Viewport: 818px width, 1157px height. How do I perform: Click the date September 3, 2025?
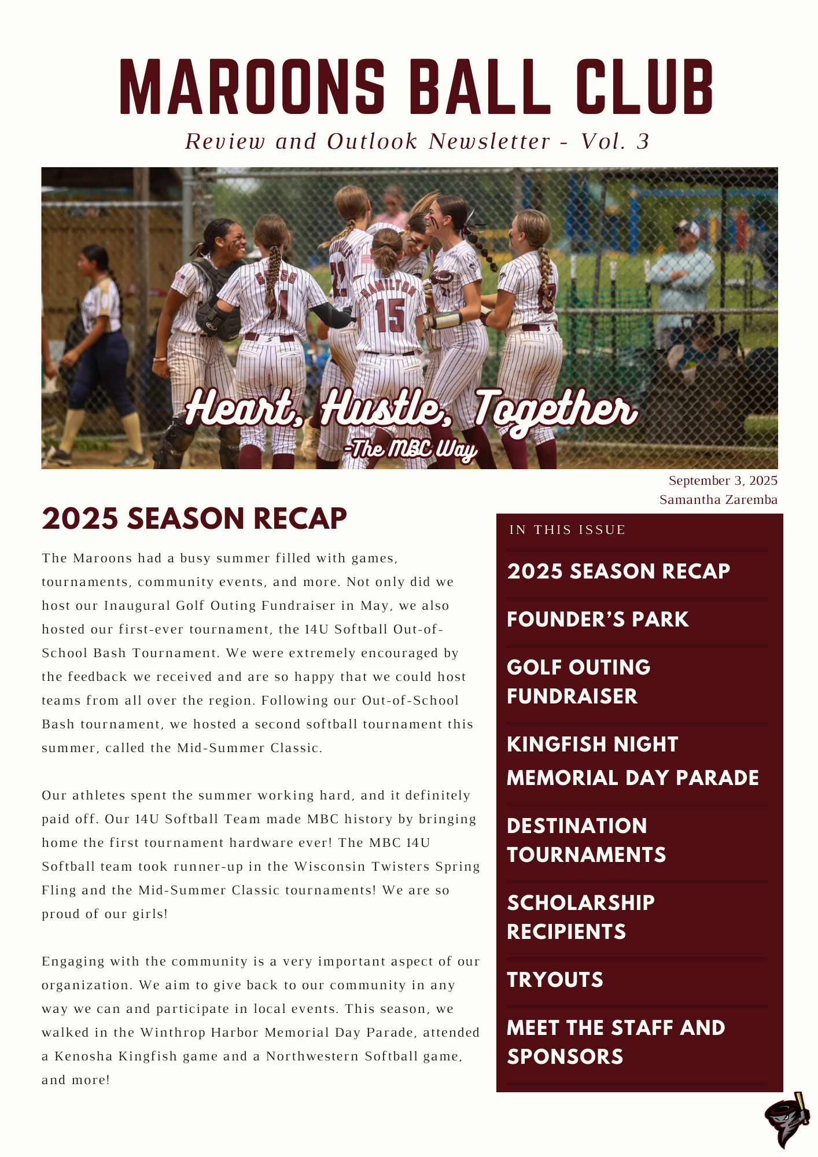click(723, 481)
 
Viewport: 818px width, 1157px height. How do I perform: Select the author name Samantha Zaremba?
click(718, 500)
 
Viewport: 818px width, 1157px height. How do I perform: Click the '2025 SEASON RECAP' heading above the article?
click(194, 518)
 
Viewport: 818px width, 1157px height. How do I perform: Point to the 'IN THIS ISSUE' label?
click(567, 530)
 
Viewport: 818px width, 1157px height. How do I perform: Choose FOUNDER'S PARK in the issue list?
click(598, 620)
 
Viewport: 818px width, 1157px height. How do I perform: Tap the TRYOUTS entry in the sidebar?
click(555, 980)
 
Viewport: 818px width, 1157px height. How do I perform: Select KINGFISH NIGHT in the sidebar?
click(592, 745)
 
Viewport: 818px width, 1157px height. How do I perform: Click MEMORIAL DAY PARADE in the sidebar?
click(632, 778)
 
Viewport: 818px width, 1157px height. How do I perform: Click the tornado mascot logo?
click(786, 1119)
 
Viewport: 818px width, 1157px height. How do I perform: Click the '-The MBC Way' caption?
click(410, 449)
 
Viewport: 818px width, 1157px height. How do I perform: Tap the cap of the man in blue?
click(687, 227)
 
